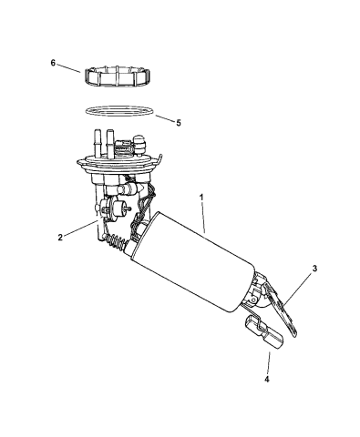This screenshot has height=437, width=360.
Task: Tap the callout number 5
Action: click(x=179, y=122)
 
